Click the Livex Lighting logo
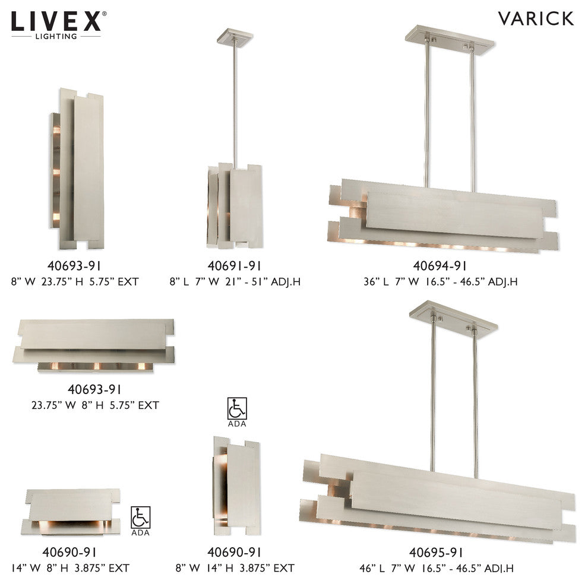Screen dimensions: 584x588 59,24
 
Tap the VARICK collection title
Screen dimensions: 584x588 536,18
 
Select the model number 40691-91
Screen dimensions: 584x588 235,266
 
